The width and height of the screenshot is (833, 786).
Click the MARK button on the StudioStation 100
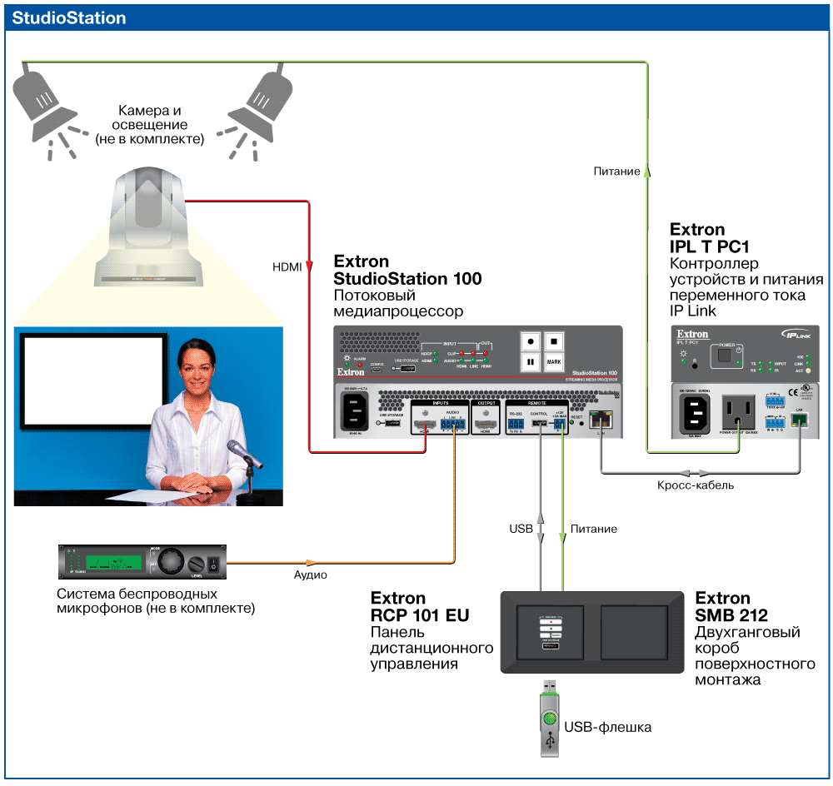[x=554, y=363]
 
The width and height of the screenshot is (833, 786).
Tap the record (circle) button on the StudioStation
[x=530, y=341]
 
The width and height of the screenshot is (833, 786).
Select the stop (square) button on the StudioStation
[x=554, y=341]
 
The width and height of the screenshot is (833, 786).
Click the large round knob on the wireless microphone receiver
[x=169, y=562]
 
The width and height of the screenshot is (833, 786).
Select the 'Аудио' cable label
[x=310, y=575]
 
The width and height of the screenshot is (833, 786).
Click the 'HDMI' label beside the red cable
[x=287, y=267]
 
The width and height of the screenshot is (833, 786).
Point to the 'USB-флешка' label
[x=607, y=727]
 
